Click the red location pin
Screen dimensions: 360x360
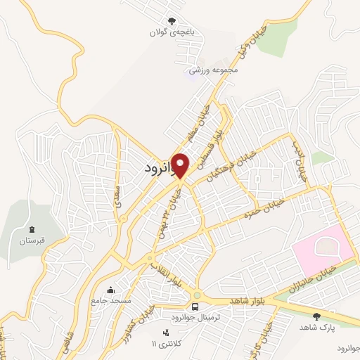(x=181, y=165)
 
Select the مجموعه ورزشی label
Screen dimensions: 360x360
(x=215, y=70)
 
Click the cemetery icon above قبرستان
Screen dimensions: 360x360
(x=32, y=229)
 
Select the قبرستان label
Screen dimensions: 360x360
(x=32, y=241)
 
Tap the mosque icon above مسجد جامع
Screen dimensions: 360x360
(x=110, y=290)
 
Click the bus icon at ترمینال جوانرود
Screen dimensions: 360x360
(x=195, y=307)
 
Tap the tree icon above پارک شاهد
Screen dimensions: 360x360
(x=316, y=317)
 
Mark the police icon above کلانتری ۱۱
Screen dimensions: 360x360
(x=166, y=333)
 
